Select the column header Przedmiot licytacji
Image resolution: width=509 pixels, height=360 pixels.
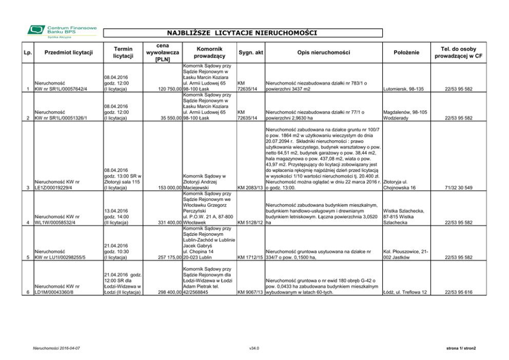pos(68,52)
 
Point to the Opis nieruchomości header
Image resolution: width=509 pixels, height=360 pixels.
pos(323,52)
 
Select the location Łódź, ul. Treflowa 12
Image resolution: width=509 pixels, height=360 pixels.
pos(405,292)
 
